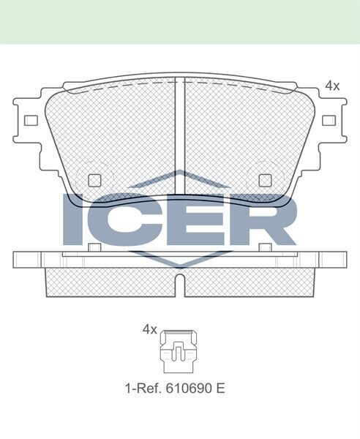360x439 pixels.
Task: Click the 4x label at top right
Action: pyautogui.click(x=332, y=86)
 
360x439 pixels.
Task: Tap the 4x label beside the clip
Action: pyautogui.click(x=150, y=330)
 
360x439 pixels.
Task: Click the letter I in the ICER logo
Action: pyautogui.click(x=75, y=219)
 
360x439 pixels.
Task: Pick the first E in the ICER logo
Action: pyautogui.click(x=194, y=219)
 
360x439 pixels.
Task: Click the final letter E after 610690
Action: pyautogui.click(x=220, y=388)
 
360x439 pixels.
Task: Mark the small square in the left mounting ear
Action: pyautogui.click(x=31, y=121)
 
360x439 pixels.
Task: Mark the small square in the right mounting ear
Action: pyautogui.click(x=329, y=121)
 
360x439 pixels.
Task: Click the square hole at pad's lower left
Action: pyautogui.click(x=94, y=180)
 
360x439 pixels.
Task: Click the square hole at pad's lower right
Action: pyautogui.click(x=265, y=180)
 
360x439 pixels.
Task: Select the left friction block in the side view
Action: pyautogui.click(x=110, y=282)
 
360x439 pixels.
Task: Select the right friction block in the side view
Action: pyautogui.click(x=249, y=282)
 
